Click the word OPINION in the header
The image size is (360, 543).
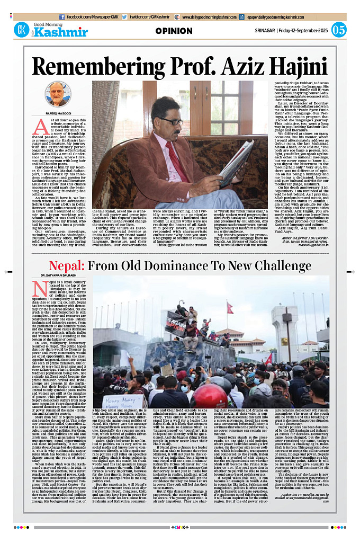coord(174,31)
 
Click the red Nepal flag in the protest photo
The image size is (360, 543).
coord(230,307)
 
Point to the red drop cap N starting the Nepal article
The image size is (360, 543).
coord(38,289)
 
